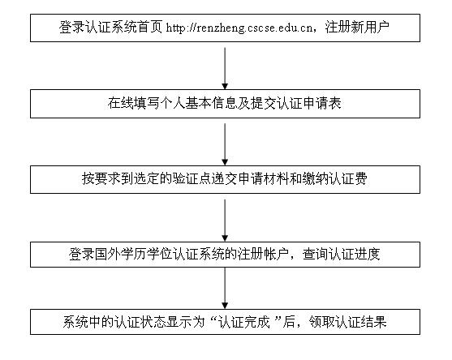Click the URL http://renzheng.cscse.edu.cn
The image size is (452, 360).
tap(239, 28)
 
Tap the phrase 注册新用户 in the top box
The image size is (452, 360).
tap(357, 28)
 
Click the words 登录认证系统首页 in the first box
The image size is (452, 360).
tap(110, 28)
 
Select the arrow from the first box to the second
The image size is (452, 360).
tap(225, 69)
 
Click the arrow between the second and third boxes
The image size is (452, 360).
tap(225, 144)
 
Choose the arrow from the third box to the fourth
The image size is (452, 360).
tap(225, 221)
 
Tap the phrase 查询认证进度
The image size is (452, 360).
tap(342, 255)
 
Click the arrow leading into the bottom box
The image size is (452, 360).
tap(225, 289)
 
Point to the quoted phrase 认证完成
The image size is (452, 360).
tap(243, 322)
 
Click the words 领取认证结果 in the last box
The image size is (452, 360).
tap(347, 322)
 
